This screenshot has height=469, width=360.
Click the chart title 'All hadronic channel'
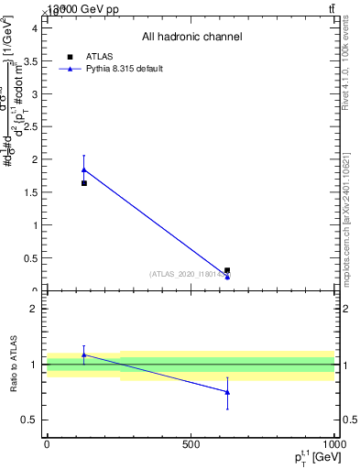[191, 38]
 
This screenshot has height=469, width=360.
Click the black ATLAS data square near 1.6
[84, 183]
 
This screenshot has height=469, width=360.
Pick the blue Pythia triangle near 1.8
[84, 169]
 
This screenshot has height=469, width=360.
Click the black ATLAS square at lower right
[227, 270]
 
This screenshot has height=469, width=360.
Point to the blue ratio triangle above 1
[84, 354]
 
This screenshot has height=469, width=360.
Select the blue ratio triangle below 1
[227, 392]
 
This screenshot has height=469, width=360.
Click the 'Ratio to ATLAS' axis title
[15, 364]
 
